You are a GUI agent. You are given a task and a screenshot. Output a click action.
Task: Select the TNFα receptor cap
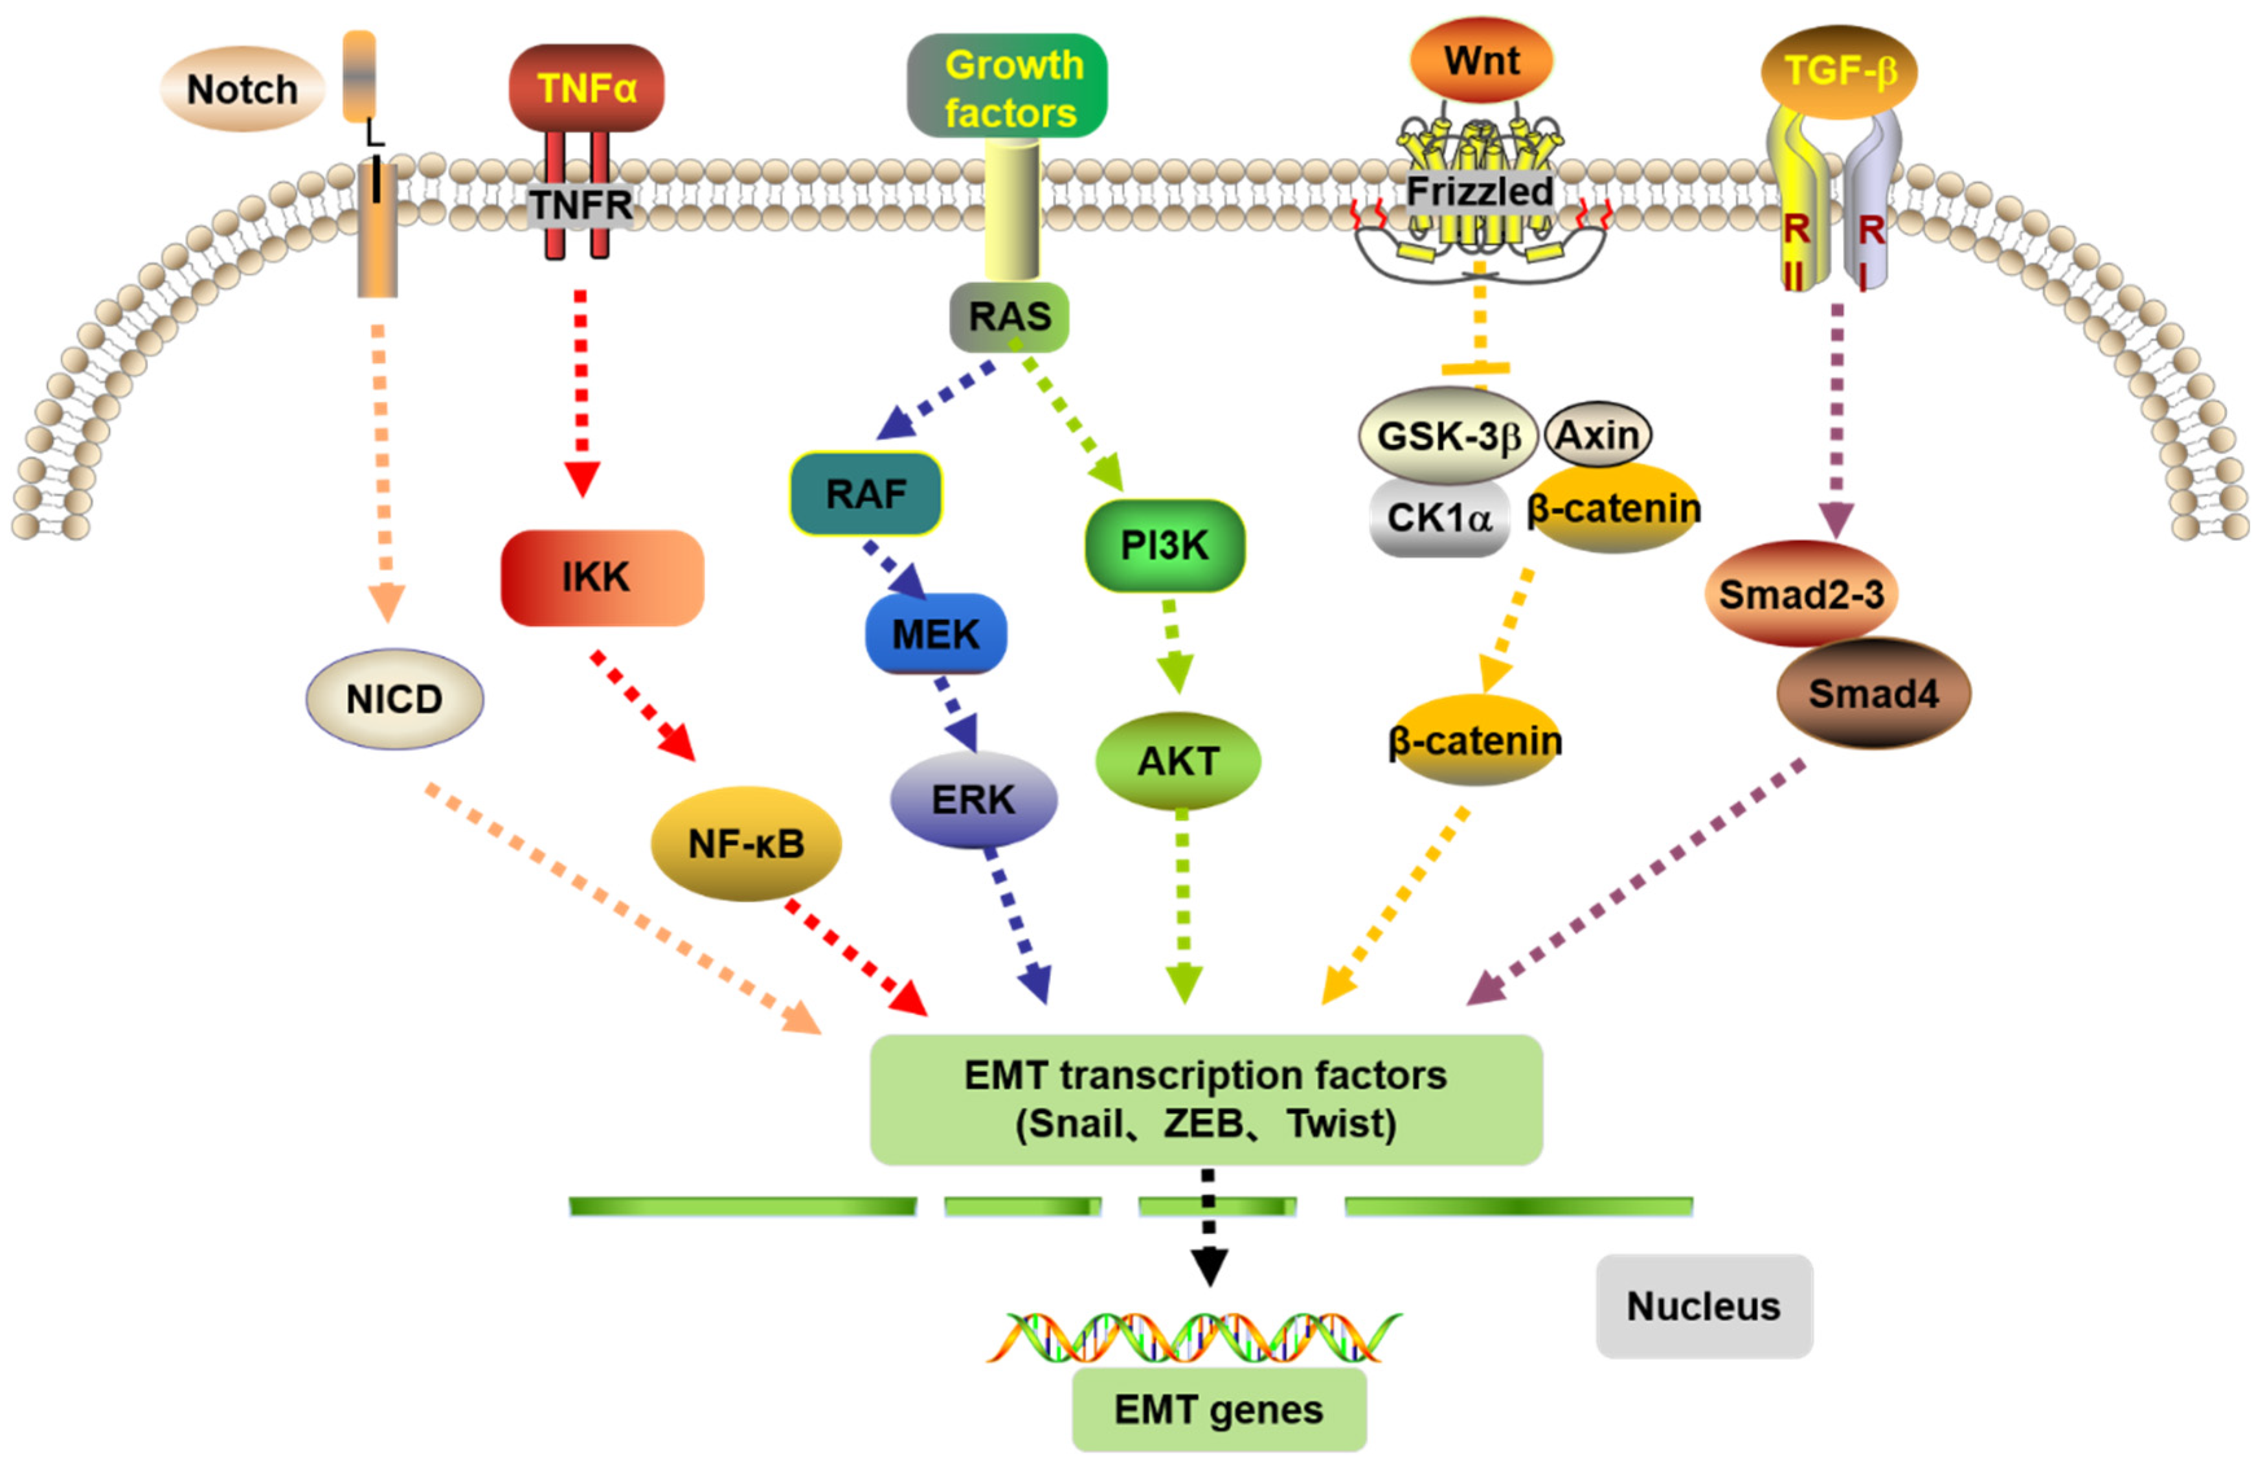587,88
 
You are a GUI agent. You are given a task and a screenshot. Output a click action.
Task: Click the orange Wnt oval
1482,61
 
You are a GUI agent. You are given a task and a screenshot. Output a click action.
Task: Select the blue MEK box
936,634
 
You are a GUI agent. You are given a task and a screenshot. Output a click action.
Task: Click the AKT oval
1179,761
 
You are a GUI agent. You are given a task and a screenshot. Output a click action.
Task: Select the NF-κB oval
746,843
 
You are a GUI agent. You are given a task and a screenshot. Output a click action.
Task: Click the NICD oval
394,699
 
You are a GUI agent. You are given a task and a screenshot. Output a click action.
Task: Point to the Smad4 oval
1873,693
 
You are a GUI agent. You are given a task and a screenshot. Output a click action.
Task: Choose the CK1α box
1439,518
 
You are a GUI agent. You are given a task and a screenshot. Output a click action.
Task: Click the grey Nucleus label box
1704,1306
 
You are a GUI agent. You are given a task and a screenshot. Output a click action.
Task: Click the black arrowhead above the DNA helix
1210,1266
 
